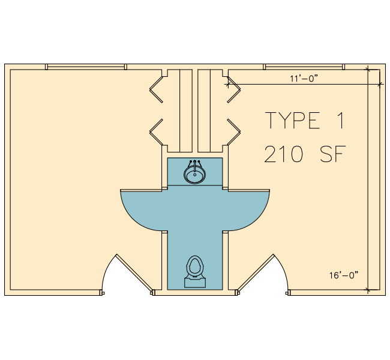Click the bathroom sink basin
pyautogui.click(x=195, y=175)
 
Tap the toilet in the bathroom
pyautogui.click(x=195, y=271)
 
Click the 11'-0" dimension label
pyautogui.click(x=304, y=79)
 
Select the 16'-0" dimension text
pyautogui.click(x=344, y=275)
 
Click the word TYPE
pyautogui.click(x=293, y=120)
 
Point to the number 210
pyautogui.click(x=284, y=154)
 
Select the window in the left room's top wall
pyautogui.click(x=86, y=67)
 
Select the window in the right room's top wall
pyautogui.click(x=304, y=67)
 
